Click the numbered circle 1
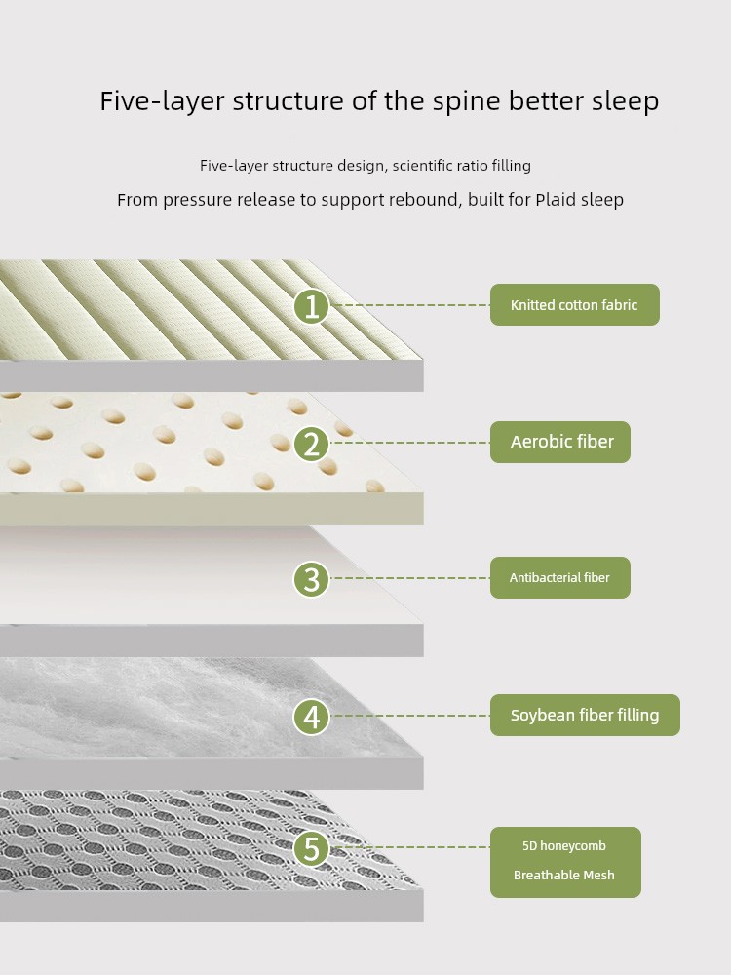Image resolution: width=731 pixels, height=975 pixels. click(311, 306)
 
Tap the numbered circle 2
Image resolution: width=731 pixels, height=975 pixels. click(311, 444)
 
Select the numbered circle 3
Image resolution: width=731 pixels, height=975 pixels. click(311, 579)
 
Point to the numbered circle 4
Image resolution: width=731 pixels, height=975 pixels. click(311, 717)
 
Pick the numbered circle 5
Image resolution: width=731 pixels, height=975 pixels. click(311, 848)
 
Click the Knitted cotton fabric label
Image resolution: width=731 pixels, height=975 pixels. click(574, 304)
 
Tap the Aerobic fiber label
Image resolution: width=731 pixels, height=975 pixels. click(560, 442)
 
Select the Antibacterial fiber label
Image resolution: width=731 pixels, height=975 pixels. click(560, 577)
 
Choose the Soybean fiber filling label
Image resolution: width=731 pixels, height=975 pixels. click(585, 715)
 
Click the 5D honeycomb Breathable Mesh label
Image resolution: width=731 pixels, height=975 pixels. click(565, 862)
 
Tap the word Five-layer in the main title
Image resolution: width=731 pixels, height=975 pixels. click(162, 101)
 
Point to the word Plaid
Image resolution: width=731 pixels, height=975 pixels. click(556, 200)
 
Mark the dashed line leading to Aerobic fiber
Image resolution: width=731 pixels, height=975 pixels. click(409, 443)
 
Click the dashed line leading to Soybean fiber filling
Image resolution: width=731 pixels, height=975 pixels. click(409, 716)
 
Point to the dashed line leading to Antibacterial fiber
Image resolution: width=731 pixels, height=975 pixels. click(409, 578)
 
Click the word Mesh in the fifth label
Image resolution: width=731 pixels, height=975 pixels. click(599, 875)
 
